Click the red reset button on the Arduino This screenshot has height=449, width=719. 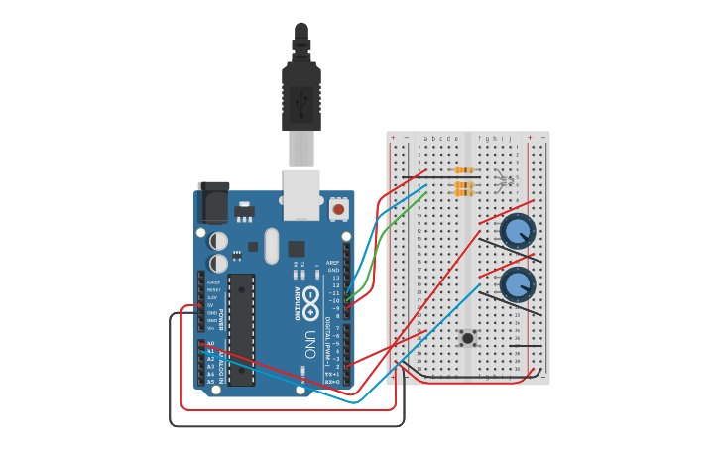339,209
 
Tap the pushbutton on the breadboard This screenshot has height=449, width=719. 467,339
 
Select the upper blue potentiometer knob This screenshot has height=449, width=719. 518,232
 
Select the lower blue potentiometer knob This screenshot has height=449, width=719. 518,284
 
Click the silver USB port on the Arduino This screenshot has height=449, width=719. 301,194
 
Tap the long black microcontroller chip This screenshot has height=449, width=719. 241,327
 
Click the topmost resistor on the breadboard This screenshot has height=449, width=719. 463,170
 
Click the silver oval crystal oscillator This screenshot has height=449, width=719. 272,246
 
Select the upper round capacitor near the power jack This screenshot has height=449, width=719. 218,241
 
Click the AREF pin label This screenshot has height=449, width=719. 334,263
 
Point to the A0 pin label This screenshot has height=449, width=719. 210,343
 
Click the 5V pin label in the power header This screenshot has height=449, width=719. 210,304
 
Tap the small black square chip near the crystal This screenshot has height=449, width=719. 297,248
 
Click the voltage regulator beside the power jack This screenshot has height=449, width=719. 244,211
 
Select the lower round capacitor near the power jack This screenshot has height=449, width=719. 218,262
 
